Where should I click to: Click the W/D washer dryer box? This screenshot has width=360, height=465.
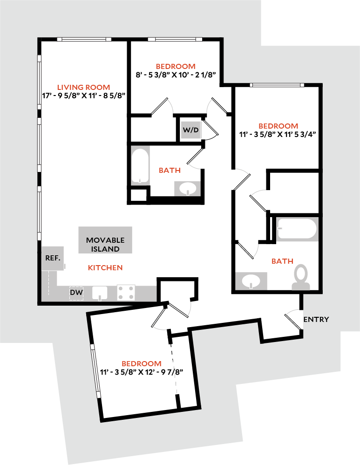[191, 130]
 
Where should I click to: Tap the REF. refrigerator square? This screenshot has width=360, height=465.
[53, 258]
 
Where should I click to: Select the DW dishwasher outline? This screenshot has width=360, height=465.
[76, 293]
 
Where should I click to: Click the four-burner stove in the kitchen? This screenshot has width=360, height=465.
[126, 293]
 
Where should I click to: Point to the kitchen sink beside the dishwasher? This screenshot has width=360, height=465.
[100, 293]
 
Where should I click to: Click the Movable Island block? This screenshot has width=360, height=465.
[105, 240]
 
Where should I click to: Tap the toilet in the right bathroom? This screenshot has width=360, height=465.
[301, 277]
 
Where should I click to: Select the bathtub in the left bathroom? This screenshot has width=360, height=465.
[140, 166]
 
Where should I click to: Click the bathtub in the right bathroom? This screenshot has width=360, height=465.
[297, 229]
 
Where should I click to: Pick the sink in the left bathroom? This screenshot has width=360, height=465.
[187, 189]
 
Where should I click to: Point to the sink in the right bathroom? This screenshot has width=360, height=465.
[251, 281]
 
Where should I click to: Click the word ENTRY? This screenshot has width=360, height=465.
[316, 319]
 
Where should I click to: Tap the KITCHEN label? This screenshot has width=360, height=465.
[105, 268]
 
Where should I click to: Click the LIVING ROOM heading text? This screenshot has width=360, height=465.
[84, 87]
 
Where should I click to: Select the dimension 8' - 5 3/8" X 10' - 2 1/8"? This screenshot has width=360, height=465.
[176, 75]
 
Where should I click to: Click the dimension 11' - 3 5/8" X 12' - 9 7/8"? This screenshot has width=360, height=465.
[142, 372]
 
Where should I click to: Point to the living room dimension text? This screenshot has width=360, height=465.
[84, 96]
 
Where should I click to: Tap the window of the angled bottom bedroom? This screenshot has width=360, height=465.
[95, 371]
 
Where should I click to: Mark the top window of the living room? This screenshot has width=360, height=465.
[84, 39]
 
